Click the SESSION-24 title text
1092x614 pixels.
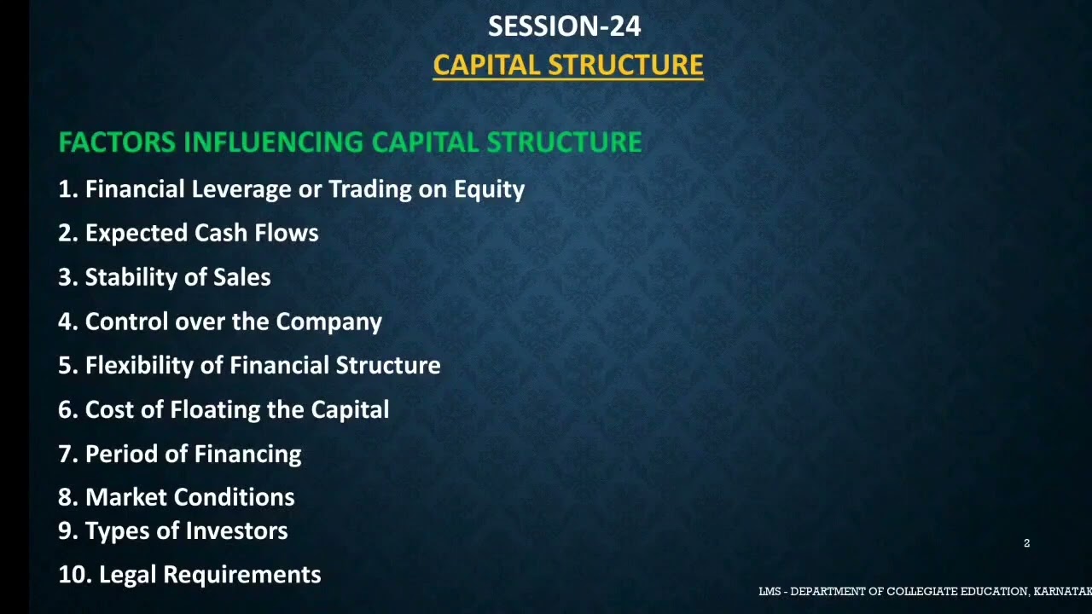[x=564, y=26]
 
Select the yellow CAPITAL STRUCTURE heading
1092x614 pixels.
[x=567, y=66]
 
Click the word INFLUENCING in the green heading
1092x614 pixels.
[x=274, y=142]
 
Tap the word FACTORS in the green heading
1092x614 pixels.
[x=117, y=142]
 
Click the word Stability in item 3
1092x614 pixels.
[x=135, y=277]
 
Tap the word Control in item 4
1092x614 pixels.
[x=127, y=321]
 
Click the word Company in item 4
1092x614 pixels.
[x=328, y=321]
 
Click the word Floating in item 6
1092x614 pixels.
[x=215, y=409]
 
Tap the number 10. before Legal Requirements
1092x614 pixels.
[x=74, y=575]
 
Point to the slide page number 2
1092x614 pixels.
[x=1026, y=543]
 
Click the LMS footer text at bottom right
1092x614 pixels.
[x=924, y=592]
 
